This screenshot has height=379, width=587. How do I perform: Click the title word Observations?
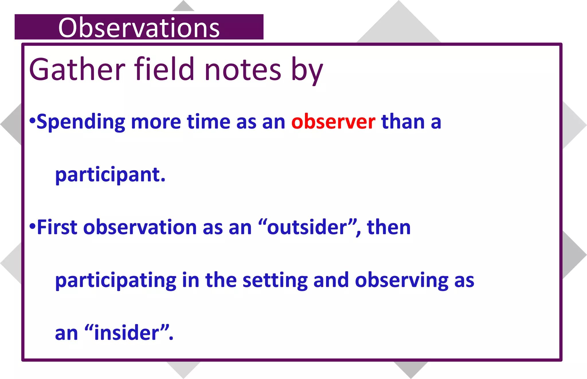click(139, 28)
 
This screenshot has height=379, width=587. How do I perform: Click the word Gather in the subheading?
click(77, 69)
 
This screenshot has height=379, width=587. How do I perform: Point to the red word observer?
click(333, 122)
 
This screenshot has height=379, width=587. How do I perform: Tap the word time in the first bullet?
click(208, 122)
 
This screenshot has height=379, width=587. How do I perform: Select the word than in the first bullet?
click(403, 122)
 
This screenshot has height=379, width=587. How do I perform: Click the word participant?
click(110, 175)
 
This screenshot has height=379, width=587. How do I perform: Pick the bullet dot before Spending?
click(32, 120)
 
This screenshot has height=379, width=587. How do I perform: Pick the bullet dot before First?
click(32, 226)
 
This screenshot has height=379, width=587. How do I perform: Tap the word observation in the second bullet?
click(140, 227)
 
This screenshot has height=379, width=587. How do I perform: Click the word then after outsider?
click(389, 227)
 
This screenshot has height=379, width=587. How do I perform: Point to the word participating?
click(116, 280)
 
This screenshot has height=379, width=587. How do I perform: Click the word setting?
click(275, 280)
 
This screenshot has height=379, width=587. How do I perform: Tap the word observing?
click(401, 280)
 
